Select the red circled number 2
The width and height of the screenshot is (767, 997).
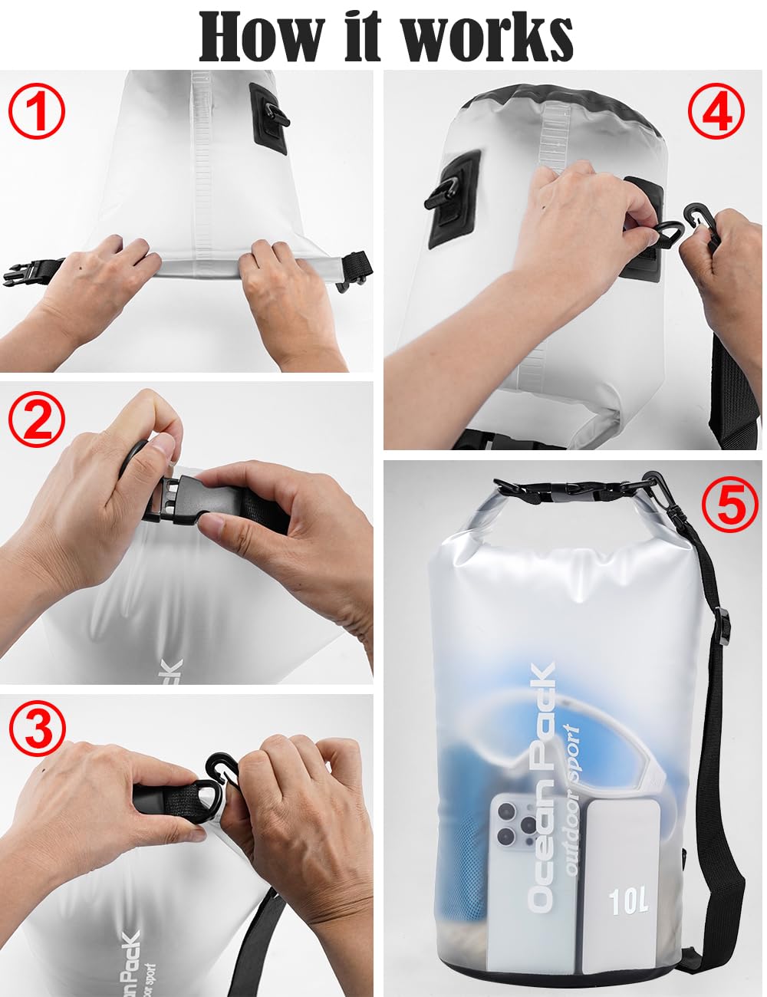(x=37, y=419)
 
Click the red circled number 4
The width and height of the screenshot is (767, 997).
(x=716, y=111)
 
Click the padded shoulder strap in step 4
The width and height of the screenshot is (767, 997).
(x=730, y=390)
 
